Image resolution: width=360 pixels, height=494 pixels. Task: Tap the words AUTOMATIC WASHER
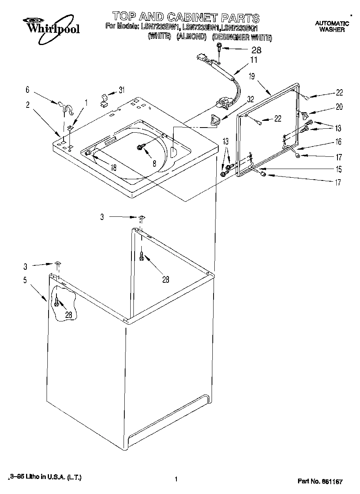tap(332, 27)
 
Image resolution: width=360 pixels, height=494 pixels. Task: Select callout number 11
tap(253, 60)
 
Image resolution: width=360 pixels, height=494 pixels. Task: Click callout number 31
tap(122, 90)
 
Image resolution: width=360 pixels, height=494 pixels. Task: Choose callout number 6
tap(28, 90)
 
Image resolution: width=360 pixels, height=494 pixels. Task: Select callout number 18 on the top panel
tap(114, 167)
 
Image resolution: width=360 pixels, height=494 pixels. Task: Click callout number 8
tap(154, 162)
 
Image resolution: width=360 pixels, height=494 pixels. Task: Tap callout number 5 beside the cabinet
tap(25, 280)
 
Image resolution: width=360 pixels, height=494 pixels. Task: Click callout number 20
tap(339, 107)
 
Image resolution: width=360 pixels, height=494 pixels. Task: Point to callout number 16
tap(338, 142)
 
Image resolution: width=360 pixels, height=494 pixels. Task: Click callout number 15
tap(338, 169)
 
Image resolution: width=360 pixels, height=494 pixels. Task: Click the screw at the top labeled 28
tap(218, 48)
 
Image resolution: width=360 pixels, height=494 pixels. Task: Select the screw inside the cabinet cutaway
tap(58, 302)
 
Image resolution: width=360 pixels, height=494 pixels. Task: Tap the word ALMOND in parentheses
tap(191, 37)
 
